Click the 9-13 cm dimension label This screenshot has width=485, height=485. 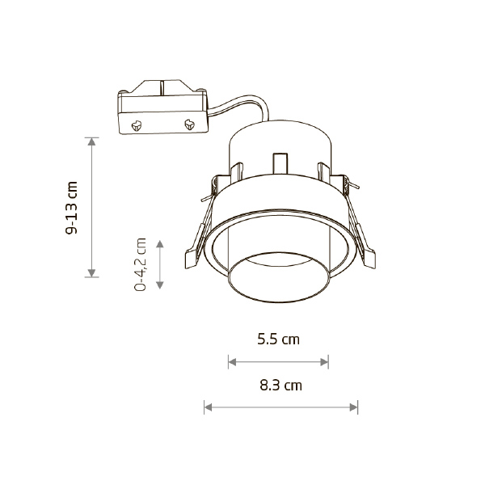[71, 208]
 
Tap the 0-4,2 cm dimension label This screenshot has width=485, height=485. [140, 264]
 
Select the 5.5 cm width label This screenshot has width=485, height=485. [278, 339]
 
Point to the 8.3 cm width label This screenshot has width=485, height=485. [280, 386]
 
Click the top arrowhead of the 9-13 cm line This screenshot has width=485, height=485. [91, 141]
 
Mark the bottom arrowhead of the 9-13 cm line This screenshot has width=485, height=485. [91, 273]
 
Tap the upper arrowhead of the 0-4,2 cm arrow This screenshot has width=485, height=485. [159, 244]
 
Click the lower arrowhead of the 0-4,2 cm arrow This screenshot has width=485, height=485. [159, 285]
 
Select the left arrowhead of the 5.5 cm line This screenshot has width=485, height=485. [232, 362]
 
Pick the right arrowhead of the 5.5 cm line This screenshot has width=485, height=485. [324, 362]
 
